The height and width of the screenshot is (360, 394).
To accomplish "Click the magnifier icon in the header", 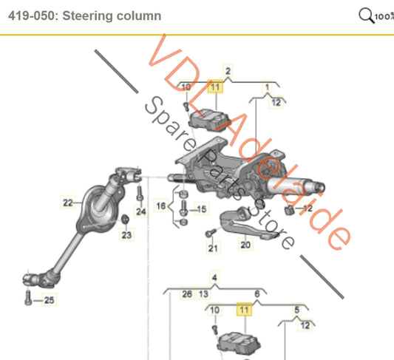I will (365, 15).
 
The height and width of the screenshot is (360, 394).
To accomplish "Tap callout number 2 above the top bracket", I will (228, 71).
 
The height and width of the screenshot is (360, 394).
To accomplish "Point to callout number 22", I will (67, 201).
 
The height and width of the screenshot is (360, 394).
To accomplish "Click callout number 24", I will (141, 211).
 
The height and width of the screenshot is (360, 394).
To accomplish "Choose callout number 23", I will (126, 236).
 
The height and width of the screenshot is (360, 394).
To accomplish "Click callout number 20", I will (245, 244).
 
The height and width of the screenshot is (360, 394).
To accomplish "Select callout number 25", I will (49, 299).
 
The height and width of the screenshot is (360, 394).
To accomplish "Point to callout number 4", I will (214, 279).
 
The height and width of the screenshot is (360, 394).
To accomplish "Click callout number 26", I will (187, 293).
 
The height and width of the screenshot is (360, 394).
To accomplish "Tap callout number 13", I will (203, 293).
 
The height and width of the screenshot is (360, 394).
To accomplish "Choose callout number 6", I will (257, 293).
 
